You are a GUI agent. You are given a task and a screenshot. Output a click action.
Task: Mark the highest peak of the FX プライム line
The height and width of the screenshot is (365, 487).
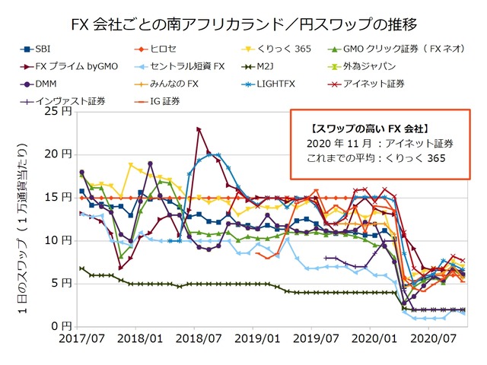199,129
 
